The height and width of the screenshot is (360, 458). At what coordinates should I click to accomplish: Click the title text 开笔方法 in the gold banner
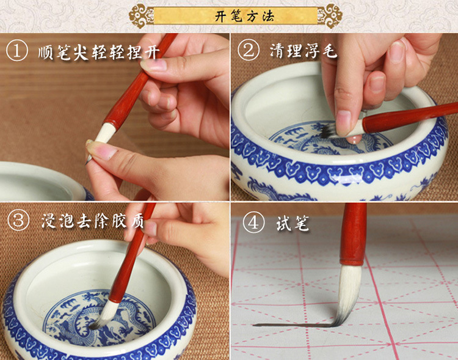click(x=244, y=16)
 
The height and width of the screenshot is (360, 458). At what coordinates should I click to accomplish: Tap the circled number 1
click(x=17, y=51)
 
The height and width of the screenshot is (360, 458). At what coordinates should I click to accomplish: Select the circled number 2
click(x=249, y=50)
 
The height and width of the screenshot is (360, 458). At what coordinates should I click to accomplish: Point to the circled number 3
click(x=18, y=221)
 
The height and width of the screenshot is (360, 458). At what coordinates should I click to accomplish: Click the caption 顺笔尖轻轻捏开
click(x=99, y=52)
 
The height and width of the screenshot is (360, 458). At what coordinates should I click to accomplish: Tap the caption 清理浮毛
click(x=303, y=50)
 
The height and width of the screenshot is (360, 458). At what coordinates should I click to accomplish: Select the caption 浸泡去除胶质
click(x=92, y=221)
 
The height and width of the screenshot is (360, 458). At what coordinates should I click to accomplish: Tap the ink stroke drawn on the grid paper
click(x=295, y=325)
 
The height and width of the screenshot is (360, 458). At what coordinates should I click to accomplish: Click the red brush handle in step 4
click(x=354, y=234)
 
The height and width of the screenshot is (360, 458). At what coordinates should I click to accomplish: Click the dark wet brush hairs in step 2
click(x=328, y=131)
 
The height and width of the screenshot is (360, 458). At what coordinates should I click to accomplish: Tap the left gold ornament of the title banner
click(x=142, y=16)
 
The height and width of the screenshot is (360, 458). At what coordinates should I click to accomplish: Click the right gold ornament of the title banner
click(x=330, y=16)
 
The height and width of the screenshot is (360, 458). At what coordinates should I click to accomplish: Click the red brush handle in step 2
click(x=409, y=117)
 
